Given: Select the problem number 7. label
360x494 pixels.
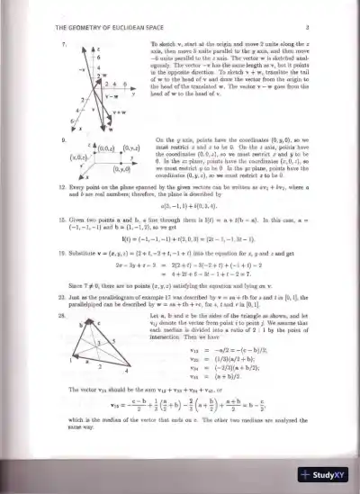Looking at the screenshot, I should coord(63,43).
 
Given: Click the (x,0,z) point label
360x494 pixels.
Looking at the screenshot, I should coord(76,157).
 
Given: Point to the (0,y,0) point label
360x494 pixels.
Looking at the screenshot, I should coord(120,167).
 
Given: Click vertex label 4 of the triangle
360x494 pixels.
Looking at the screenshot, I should coord(126,371).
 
